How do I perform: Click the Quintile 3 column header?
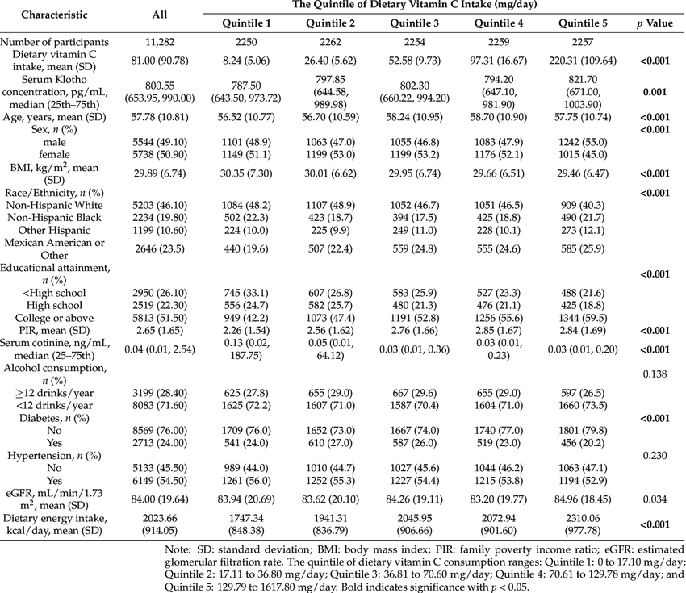coord(414,23)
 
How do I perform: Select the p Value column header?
coord(655,23)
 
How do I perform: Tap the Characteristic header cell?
coord(54,15)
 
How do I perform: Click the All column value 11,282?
coord(160,42)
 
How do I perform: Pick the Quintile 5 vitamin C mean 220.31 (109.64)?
coord(583,61)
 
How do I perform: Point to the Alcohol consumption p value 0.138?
coord(655,374)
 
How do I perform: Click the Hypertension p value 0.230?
coord(655,456)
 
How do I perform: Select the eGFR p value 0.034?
coord(655,499)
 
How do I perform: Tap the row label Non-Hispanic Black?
coord(54,218)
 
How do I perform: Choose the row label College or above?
coord(54,318)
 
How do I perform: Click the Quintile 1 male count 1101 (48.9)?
coord(246,142)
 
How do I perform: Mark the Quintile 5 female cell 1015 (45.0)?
coord(583,154)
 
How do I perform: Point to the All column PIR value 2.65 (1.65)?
coord(160,331)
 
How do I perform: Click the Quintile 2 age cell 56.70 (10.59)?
coord(330,117)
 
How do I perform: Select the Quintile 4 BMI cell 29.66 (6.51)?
coord(499,173)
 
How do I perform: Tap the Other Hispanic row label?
coord(54,231)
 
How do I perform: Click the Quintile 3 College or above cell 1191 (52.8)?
coord(414,318)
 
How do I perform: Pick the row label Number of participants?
coord(54,42)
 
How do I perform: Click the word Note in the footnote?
coord(175,549)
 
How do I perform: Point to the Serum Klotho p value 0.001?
coord(655,92)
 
